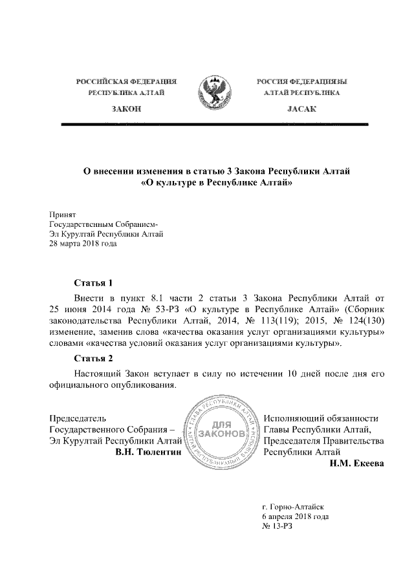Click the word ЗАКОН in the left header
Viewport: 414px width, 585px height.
click(x=127, y=109)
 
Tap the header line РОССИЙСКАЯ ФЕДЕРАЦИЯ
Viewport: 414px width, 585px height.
click(x=127, y=83)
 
